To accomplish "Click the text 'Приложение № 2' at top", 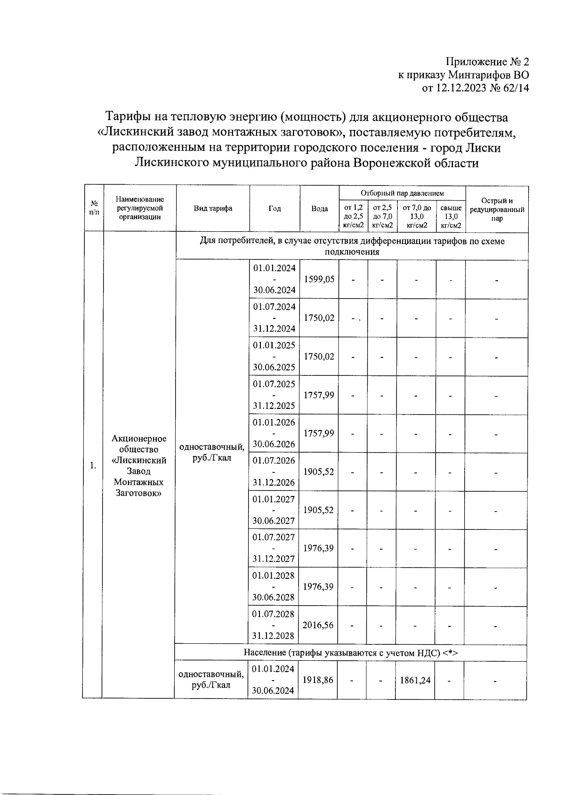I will pos(487,62).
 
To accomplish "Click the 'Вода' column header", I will pos(319,209).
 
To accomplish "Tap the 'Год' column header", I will pos(274,209).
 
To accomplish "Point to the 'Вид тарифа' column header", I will pos(213,209).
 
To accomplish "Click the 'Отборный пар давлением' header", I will pos(402,193).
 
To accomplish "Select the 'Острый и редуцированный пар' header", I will pos(497,209).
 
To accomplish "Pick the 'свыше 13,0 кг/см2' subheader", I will pos(451,216).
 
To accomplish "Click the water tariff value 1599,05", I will pos(319,279).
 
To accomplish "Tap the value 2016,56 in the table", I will pos(318,625).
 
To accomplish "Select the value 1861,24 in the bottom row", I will pos(415,680).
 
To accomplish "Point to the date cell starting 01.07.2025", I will pos(274,395).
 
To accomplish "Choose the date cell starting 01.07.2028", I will pos(274,625).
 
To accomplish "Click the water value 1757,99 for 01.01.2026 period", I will pos(319,433).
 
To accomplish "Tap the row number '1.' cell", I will pos(93,465).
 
